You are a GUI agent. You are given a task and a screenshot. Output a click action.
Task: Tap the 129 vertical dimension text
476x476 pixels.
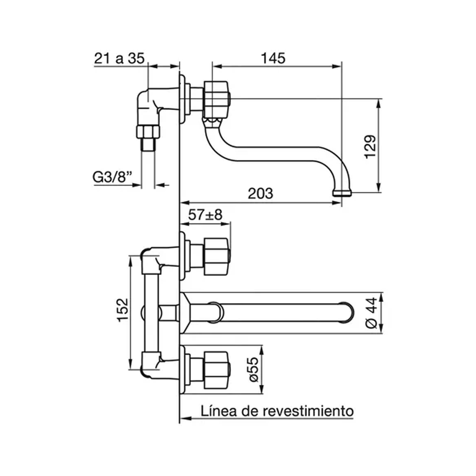tap(370, 146)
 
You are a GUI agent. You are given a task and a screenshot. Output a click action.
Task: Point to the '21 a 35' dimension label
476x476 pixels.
tap(119, 58)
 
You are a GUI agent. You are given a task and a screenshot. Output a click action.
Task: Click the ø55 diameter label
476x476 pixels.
tap(252, 369)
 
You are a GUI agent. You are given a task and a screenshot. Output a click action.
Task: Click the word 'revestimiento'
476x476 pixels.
tap(308, 411)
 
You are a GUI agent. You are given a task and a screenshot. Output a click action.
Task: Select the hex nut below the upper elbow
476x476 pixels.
tap(148, 131)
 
